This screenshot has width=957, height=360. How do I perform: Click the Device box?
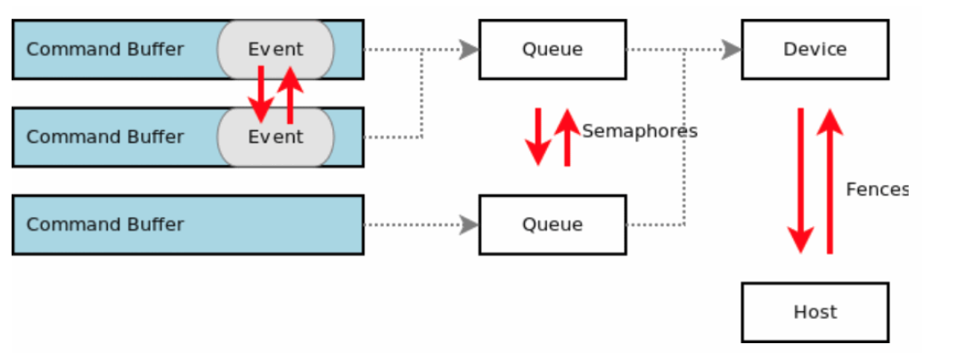click(x=814, y=49)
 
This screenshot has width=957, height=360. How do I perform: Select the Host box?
click(x=814, y=312)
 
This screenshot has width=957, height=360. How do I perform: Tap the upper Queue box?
click(x=552, y=49)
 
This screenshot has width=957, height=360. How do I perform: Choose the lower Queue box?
click(x=552, y=225)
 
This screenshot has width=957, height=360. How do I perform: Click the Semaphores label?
click(x=639, y=131)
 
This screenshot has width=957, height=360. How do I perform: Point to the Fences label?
click(x=877, y=189)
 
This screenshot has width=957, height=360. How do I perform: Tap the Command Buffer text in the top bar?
click(x=105, y=49)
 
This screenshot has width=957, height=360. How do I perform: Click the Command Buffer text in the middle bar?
click(x=105, y=137)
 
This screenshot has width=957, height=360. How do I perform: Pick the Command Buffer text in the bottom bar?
click(x=105, y=225)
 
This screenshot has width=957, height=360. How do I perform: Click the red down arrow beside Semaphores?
click(x=538, y=136)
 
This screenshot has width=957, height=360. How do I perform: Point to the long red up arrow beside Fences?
click(x=830, y=182)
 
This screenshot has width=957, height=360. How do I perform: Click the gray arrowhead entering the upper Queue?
click(x=469, y=50)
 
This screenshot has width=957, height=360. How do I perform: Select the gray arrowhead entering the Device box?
click(x=732, y=50)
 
